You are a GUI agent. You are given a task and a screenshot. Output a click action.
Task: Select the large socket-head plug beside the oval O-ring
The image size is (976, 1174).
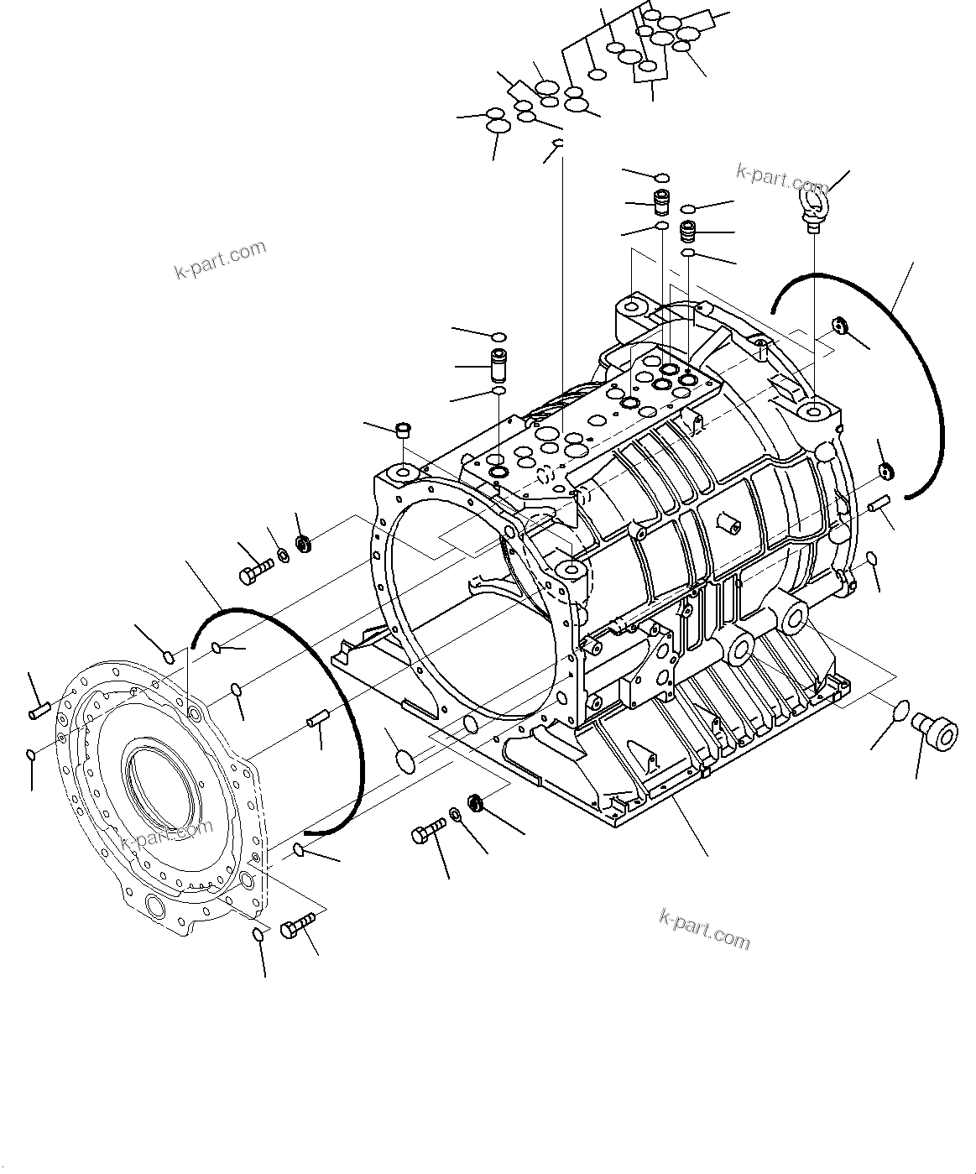(x=933, y=729)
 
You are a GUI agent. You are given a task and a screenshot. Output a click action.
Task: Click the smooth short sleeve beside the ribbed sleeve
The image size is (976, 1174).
(x=660, y=202)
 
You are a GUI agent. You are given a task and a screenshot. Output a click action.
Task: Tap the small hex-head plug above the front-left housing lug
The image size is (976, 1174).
(x=402, y=431)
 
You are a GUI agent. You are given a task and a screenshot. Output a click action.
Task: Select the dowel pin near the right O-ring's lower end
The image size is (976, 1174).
(x=879, y=502)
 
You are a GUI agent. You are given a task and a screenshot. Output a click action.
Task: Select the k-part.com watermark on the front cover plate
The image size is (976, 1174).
(x=166, y=834)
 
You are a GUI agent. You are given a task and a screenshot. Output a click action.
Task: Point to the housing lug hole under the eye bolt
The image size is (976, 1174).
(x=814, y=412)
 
